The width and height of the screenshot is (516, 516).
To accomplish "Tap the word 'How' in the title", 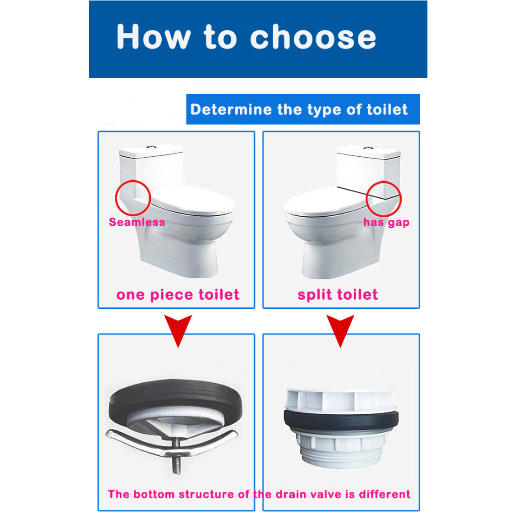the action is coord(154,36).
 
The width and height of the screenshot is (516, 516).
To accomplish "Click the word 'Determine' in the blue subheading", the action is coord(231,109).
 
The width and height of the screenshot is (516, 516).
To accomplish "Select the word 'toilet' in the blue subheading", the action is coord(388,109).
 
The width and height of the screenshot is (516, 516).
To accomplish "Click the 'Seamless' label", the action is coord(137,222).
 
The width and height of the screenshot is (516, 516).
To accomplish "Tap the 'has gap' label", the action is coord(386,222).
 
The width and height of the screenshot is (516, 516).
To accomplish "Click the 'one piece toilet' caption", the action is coord(178,295).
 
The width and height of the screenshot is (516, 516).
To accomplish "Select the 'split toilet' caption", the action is coord(338,295).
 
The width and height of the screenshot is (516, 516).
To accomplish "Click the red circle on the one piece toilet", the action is coord(116,198).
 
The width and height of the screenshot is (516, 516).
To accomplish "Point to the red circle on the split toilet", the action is coord(367,199).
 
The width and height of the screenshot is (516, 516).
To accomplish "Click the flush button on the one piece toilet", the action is coord(151,146).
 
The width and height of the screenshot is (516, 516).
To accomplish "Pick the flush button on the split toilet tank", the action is coord(368,148).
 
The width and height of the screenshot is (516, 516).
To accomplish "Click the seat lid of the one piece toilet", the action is coord(193,200).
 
